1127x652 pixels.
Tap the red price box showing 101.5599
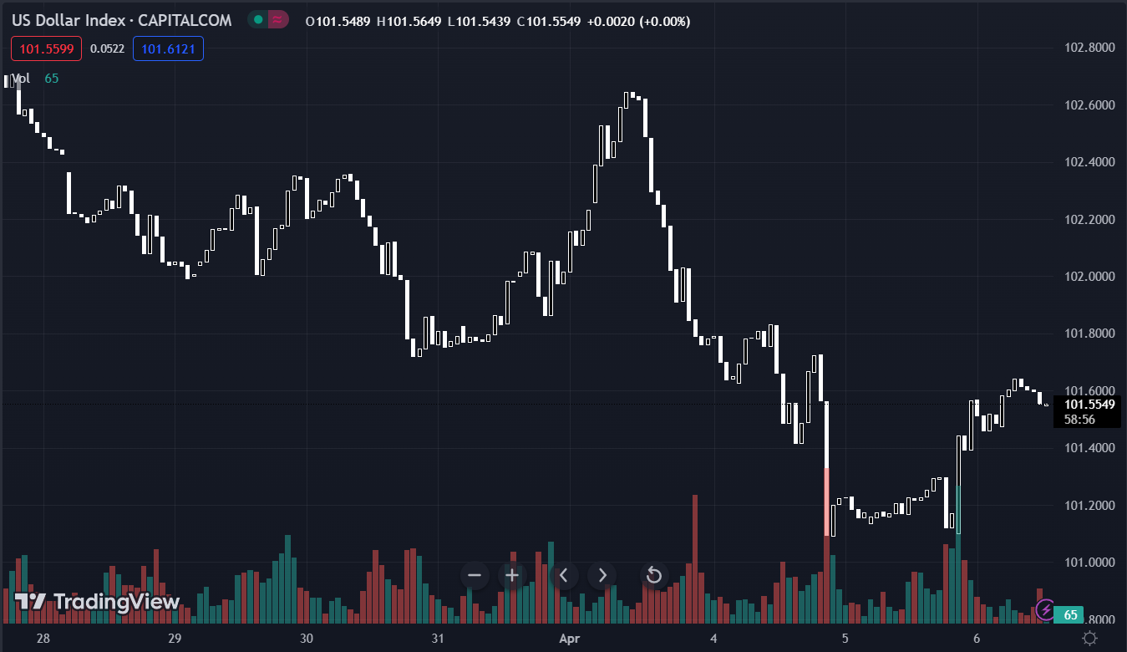(x=47, y=49)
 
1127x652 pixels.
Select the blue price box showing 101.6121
(x=168, y=49)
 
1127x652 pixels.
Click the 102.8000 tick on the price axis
(x=1090, y=48)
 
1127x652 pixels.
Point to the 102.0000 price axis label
(x=1090, y=277)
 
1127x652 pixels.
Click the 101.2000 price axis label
(x=1090, y=506)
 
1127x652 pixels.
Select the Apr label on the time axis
(x=569, y=639)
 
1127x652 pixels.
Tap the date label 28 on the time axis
(x=43, y=639)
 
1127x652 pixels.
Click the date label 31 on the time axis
(x=438, y=639)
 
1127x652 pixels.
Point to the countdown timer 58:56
(x=1079, y=420)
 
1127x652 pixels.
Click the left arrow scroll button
(x=564, y=575)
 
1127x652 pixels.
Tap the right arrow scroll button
(x=602, y=575)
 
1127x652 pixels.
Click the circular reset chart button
(x=654, y=575)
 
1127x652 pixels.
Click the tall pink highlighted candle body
(x=827, y=502)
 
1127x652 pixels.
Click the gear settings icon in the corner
(x=1090, y=639)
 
